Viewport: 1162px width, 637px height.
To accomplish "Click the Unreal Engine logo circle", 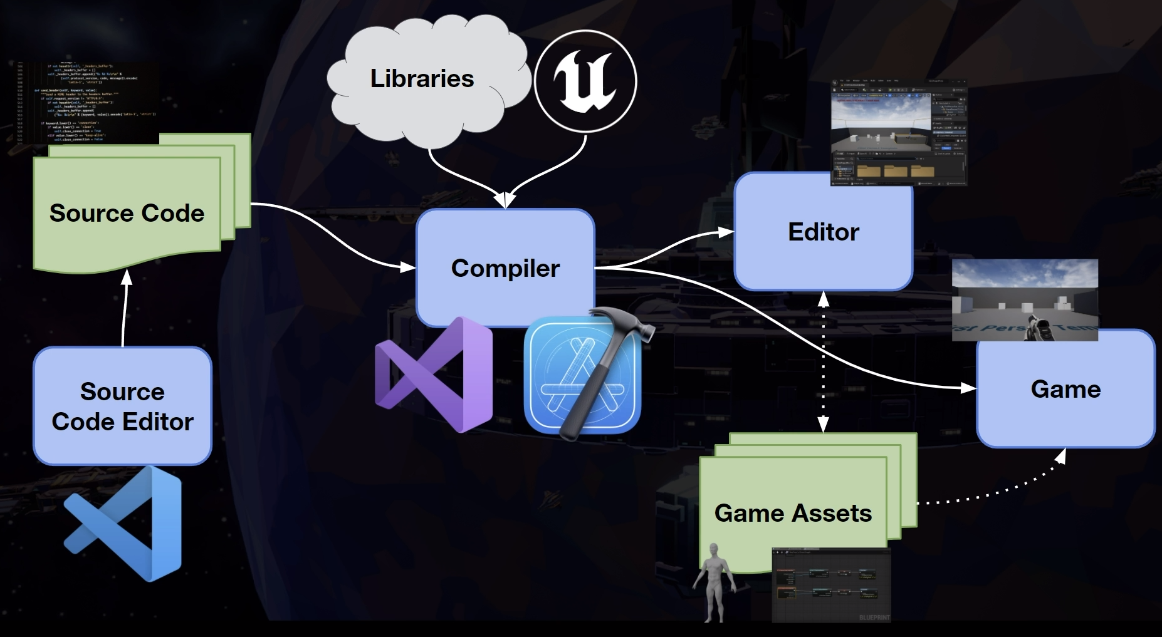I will coord(585,81).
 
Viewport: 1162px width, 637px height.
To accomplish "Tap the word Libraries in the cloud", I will coord(422,79).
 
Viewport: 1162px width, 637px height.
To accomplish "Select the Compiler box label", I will coord(505,269).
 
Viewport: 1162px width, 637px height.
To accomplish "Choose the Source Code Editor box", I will coord(122,406).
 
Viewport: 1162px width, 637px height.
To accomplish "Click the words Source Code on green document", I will coord(127,214).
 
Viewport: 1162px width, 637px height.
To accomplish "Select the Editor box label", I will coord(823,232).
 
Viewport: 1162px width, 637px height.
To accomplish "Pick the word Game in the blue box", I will coord(1065,390).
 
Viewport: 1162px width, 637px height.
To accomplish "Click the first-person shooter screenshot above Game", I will coord(1025,300).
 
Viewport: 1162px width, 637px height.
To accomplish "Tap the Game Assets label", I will coord(793,514).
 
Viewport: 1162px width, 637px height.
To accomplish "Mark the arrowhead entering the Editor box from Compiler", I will coord(727,232).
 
